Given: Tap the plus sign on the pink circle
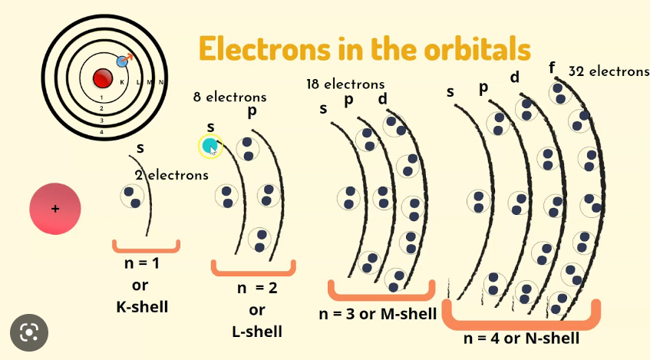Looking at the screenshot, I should [x=55, y=209].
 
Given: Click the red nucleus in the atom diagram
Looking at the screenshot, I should [x=103, y=78].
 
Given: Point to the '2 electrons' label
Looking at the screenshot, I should [x=171, y=175].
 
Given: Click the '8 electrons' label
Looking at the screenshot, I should [x=229, y=97].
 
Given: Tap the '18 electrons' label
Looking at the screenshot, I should [x=345, y=84].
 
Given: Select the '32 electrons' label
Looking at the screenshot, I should [x=609, y=71].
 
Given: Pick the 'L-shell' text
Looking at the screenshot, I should [x=256, y=331].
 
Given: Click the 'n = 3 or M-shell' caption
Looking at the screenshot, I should [x=378, y=313].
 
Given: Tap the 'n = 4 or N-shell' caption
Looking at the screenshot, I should [x=521, y=339].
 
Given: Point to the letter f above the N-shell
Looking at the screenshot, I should [x=552, y=68].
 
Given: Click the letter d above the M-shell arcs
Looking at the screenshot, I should [x=383, y=100].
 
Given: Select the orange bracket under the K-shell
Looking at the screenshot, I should [x=146, y=246].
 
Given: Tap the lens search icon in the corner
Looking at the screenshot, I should [x=29, y=332].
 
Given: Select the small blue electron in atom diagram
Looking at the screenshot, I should [x=121, y=61].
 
